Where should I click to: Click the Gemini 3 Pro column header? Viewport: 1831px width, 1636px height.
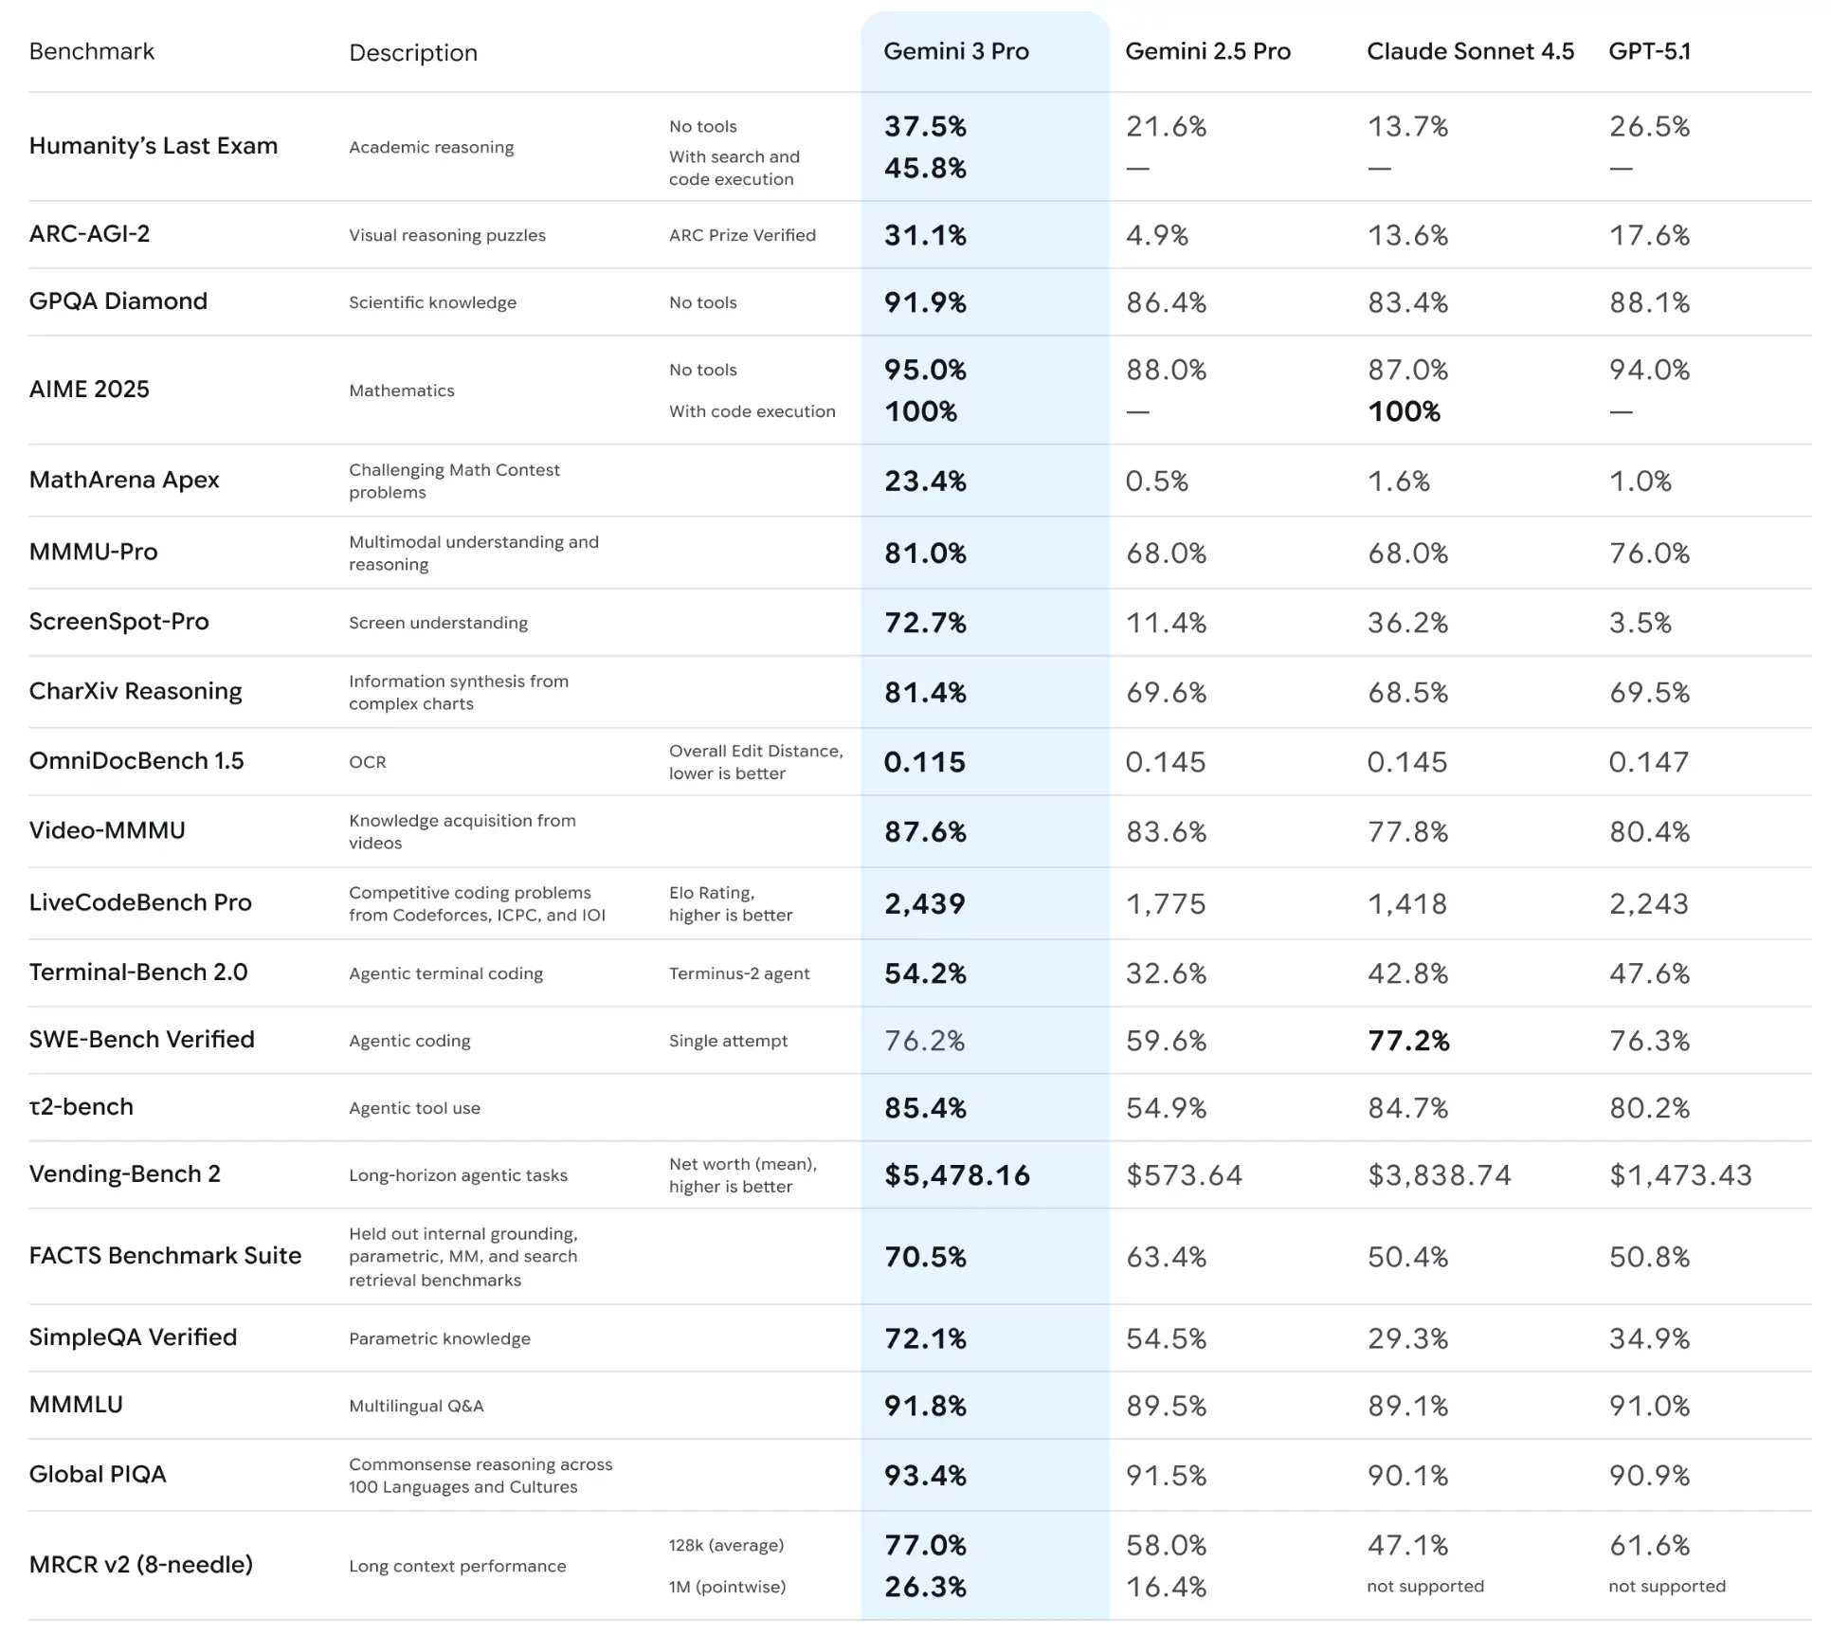point(955,51)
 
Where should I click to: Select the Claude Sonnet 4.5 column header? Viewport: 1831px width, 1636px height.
point(1469,51)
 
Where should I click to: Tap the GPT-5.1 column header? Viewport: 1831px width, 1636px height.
point(1649,51)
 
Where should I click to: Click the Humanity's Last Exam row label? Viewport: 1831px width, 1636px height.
point(154,146)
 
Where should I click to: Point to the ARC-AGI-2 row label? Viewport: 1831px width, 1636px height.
point(89,234)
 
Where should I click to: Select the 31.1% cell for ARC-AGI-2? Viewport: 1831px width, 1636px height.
point(925,235)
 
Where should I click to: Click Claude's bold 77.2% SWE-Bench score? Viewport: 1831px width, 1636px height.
point(1408,1041)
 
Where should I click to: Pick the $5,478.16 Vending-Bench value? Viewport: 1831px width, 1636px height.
point(956,1175)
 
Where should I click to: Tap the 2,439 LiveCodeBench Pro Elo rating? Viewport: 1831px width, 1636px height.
point(924,903)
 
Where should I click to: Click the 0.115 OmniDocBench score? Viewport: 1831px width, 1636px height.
point(924,762)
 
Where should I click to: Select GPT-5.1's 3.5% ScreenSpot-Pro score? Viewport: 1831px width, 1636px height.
point(1640,623)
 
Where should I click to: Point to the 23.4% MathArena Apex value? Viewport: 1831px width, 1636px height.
point(925,482)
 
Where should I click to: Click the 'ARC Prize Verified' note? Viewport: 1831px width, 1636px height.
point(742,235)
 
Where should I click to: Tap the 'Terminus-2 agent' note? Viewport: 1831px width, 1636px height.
point(739,973)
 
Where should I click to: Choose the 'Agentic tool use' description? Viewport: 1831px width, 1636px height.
point(414,1108)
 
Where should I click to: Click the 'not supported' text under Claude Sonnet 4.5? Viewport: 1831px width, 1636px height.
point(1424,1586)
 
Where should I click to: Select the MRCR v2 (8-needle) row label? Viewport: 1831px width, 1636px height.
point(141,1564)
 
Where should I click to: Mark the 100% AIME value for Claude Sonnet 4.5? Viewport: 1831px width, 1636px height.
point(1404,411)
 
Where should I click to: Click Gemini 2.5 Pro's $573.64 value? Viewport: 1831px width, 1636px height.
point(1184,1175)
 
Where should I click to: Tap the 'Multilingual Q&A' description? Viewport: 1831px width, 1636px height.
point(416,1406)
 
